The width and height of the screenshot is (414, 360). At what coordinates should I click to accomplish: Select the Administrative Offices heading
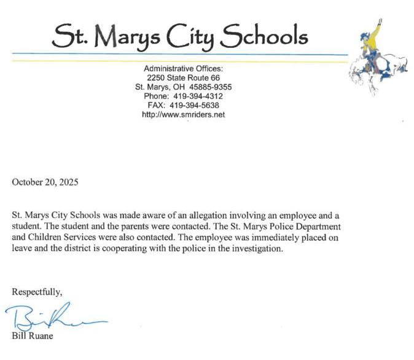[x=183, y=68]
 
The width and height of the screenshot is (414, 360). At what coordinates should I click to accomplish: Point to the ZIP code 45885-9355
[x=210, y=87]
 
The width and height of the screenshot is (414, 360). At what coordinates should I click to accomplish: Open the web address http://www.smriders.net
[x=183, y=115]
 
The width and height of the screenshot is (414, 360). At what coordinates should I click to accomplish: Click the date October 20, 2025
[x=45, y=182]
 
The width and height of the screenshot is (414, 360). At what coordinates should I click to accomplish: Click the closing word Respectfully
[x=37, y=291]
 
